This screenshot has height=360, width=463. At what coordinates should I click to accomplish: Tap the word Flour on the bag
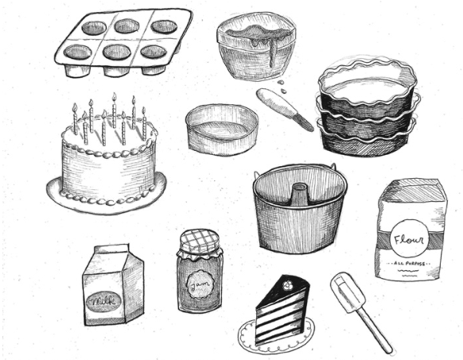coord(410,238)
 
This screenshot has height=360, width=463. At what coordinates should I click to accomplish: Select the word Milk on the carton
coord(107,301)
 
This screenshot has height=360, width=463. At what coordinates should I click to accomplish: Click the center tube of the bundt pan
coord(299,195)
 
